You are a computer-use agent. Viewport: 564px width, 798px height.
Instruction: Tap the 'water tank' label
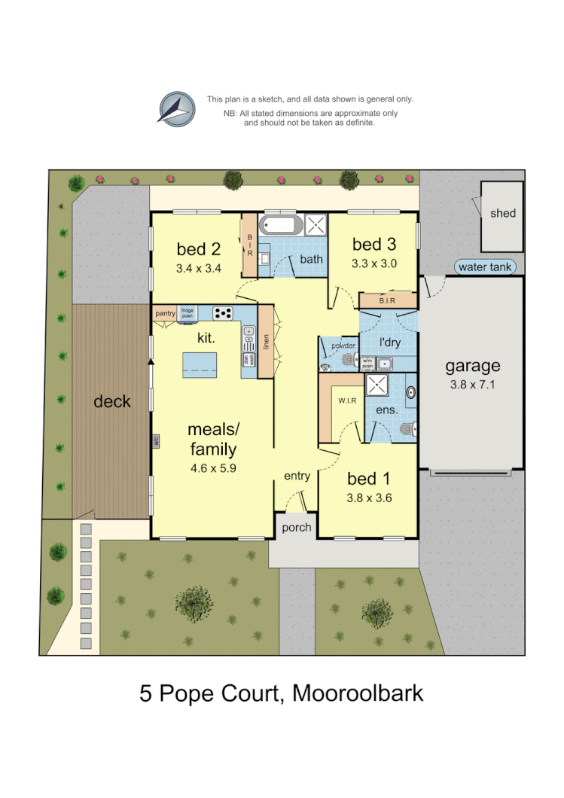pyautogui.click(x=485, y=267)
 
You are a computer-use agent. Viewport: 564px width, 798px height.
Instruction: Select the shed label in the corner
pyautogui.click(x=503, y=213)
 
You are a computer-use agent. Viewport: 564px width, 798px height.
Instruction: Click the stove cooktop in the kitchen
pyautogui.click(x=223, y=313)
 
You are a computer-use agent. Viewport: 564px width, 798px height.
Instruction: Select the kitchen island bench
pyautogui.click(x=204, y=365)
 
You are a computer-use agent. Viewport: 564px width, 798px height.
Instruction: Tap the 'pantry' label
pyautogui.click(x=165, y=313)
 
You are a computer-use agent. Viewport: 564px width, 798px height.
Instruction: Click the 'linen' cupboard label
pyautogui.click(x=266, y=341)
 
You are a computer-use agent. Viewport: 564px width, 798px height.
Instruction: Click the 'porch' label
pyautogui.click(x=296, y=528)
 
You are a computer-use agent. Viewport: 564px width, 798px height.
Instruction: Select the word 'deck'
pyautogui.click(x=112, y=401)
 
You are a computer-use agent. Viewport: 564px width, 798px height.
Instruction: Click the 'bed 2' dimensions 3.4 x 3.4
pyautogui.click(x=198, y=268)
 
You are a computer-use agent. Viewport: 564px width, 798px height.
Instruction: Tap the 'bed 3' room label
pyautogui.click(x=373, y=244)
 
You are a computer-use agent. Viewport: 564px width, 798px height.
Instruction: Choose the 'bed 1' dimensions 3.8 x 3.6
pyautogui.click(x=369, y=498)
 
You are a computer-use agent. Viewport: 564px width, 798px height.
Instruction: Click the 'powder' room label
pyautogui.click(x=338, y=346)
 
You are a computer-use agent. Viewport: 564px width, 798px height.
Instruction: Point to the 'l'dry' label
pyautogui.click(x=389, y=343)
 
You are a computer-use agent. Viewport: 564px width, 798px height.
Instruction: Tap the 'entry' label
pyautogui.click(x=297, y=476)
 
